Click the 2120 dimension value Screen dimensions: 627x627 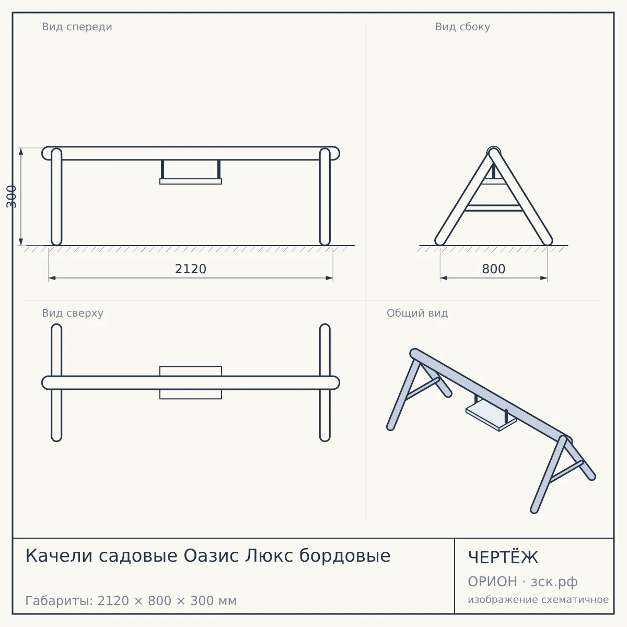(x=190, y=269)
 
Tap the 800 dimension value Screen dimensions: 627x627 (x=493, y=269)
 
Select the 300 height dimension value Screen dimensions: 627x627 (x=11, y=196)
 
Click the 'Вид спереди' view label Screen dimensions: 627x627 (x=77, y=27)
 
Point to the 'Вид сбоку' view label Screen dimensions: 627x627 (x=462, y=27)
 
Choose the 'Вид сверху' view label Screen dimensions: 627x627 (x=73, y=313)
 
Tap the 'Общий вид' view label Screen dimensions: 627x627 (x=417, y=313)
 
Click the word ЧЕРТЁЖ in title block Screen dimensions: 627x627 (x=503, y=558)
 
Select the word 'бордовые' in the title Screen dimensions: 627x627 (x=344, y=556)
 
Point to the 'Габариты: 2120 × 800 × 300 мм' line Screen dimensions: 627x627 (x=131, y=601)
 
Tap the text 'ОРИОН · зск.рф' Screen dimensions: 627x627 (x=522, y=582)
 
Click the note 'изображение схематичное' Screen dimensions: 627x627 (x=538, y=599)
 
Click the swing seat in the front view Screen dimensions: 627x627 (x=191, y=181)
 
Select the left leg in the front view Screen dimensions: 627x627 (x=56, y=196)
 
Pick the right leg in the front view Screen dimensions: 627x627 (x=324, y=196)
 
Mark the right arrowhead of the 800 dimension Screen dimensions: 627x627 (x=544, y=278)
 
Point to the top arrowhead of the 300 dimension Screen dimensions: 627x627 (x=21, y=152)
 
